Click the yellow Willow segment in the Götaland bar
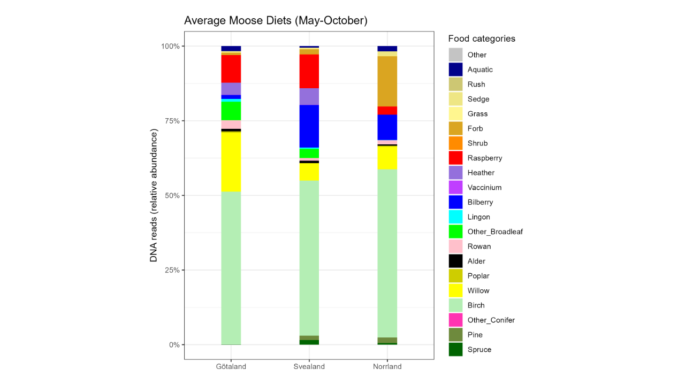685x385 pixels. [x=231, y=161]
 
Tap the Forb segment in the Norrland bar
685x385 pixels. [x=387, y=81]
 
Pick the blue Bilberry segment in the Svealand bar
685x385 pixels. [x=309, y=126]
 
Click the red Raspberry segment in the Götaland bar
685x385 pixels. [x=231, y=68]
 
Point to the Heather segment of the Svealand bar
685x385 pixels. [x=309, y=97]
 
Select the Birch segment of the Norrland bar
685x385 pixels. [x=387, y=253]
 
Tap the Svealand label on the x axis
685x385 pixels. [x=309, y=367]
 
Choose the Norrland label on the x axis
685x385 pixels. [x=387, y=367]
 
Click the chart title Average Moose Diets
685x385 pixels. [x=276, y=21]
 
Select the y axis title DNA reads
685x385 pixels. [x=154, y=195]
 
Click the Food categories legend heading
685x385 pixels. [x=482, y=38]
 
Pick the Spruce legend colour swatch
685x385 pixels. [x=455, y=350]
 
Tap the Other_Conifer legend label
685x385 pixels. [x=491, y=320]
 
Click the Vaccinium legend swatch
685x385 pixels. [x=455, y=188]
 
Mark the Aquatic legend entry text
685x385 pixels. [x=480, y=70]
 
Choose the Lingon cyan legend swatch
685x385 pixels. [x=455, y=217]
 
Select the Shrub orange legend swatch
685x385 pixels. [x=455, y=143]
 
